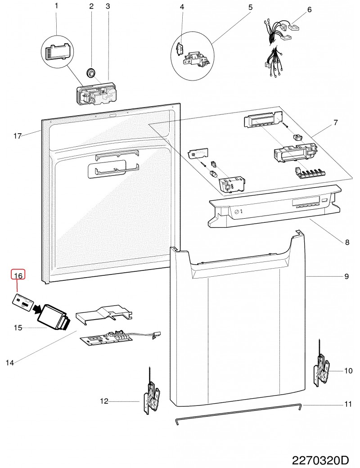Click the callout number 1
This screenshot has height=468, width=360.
56,6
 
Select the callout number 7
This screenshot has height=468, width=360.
336,122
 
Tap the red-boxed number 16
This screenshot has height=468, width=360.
18,275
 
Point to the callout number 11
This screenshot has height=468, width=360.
348,404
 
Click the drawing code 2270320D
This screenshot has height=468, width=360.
320,460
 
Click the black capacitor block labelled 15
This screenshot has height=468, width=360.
54,318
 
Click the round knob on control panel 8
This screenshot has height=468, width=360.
237,212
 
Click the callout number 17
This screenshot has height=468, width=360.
18,136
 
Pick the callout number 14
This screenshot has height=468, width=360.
10,363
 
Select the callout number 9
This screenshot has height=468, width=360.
346,276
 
